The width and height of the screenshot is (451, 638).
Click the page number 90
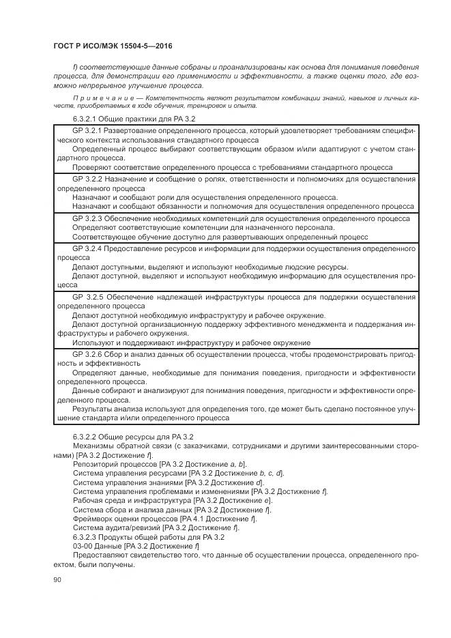click(57, 580)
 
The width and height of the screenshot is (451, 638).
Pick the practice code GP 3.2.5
click(87, 298)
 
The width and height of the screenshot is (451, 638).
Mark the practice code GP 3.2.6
click(87, 355)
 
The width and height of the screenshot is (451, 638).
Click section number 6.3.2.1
click(87, 119)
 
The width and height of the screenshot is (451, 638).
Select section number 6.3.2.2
click(87, 436)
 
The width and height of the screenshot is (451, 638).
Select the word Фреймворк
click(93, 519)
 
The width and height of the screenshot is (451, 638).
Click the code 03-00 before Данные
click(83, 546)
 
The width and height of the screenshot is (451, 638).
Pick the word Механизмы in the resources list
click(93, 446)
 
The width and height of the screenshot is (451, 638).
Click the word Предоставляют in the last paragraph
click(100, 555)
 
